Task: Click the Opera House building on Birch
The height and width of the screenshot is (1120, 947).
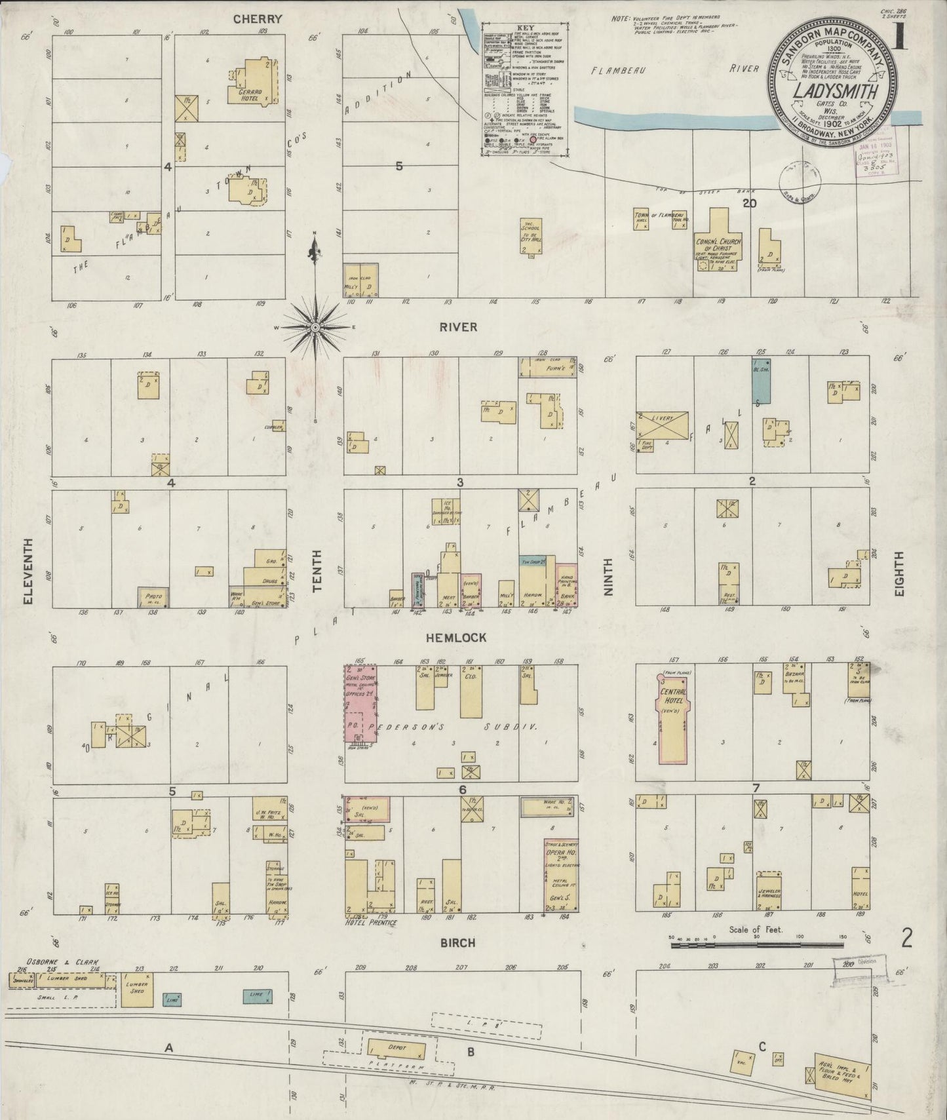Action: pyautogui.click(x=561, y=876)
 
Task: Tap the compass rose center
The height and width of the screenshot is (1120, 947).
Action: pyautogui.click(x=316, y=327)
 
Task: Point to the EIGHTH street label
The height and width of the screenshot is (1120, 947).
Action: pyautogui.click(x=899, y=573)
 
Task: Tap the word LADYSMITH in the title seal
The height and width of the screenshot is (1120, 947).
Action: pyautogui.click(x=835, y=90)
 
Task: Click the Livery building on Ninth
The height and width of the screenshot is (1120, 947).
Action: pyautogui.click(x=663, y=426)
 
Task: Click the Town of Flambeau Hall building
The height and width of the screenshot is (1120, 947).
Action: pyautogui.click(x=640, y=219)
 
